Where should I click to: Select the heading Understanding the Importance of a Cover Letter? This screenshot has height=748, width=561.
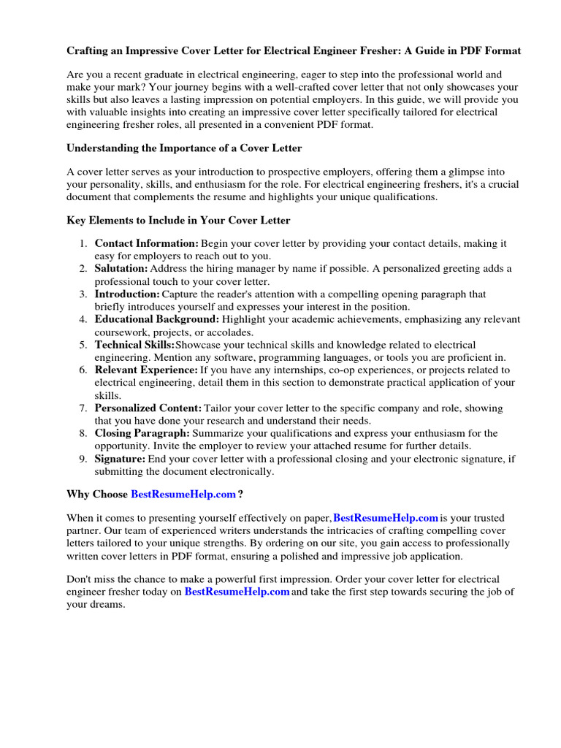pos(184,148)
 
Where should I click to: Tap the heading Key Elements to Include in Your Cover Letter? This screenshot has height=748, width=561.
pos(178,220)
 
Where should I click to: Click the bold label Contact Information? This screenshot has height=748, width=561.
pos(146,243)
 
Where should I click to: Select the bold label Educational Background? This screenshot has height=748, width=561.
pos(156,319)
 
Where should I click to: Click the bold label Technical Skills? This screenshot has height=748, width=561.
pos(134,345)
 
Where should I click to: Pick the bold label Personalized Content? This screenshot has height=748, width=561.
pos(148,408)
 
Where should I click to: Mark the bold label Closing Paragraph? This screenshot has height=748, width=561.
pos(142,433)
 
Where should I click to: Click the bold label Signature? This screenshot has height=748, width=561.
pos(121,459)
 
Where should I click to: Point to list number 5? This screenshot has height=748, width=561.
pos(83,345)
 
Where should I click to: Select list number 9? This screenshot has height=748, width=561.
pos(83,459)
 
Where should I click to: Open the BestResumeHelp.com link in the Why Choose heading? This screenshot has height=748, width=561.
pos(183,495)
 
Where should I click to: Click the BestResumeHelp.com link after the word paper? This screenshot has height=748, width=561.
pos(385,518)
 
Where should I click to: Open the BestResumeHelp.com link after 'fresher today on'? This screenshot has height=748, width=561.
pos(237,592)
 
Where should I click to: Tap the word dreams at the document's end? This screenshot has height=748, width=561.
pos(108,605)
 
